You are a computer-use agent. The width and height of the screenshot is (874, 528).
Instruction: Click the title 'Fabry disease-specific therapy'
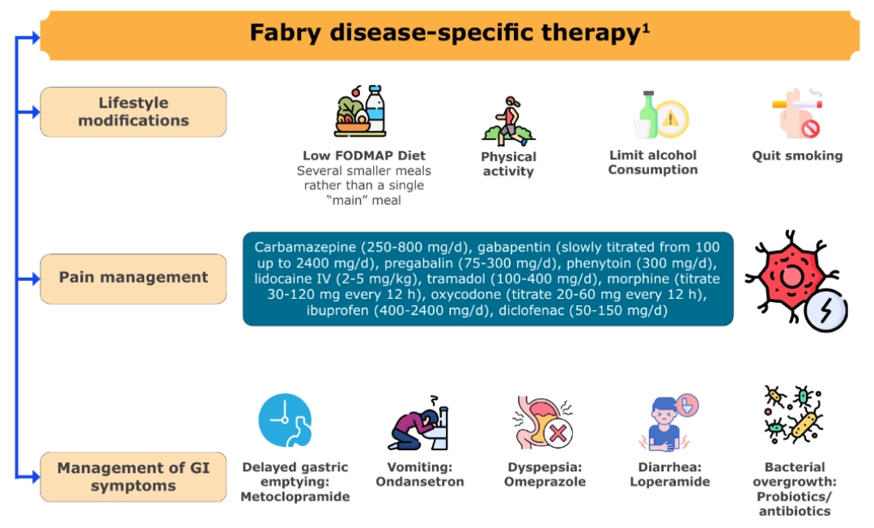coord(444,32)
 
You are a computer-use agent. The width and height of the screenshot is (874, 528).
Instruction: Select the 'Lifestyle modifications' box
coord(134,112)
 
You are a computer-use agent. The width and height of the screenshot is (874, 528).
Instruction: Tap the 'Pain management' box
coord(134,279)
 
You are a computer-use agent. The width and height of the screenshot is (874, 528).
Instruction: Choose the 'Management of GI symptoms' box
coord(134,477)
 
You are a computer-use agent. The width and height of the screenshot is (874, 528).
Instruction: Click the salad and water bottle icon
coord(361,111)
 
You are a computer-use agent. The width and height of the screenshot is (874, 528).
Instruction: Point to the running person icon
coord(508,121)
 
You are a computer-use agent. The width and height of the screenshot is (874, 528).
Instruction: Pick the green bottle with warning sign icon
coord(661,114)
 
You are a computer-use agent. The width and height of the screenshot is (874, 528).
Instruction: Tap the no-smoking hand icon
coord(798,113)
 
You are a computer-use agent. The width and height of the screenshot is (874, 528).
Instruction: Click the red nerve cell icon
coord(796,280)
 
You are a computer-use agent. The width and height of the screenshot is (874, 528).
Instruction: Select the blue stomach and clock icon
coord(285,420)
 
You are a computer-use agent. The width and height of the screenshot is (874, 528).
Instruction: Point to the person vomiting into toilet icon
coord(418,424)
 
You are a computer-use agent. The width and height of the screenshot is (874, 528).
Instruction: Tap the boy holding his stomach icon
coord(668,422)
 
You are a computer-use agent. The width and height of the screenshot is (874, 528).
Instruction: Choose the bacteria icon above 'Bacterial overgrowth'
coord(794,415)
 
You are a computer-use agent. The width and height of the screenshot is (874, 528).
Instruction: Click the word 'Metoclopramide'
coord(295,496)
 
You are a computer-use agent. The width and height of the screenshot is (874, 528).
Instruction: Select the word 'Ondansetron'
coord(420,482)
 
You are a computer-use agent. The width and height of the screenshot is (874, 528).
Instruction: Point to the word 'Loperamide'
coord(670,482)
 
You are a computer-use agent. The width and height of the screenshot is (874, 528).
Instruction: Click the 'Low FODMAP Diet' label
coord(364,155)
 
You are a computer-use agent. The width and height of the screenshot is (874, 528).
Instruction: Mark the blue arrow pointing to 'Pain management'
coord(28,279)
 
